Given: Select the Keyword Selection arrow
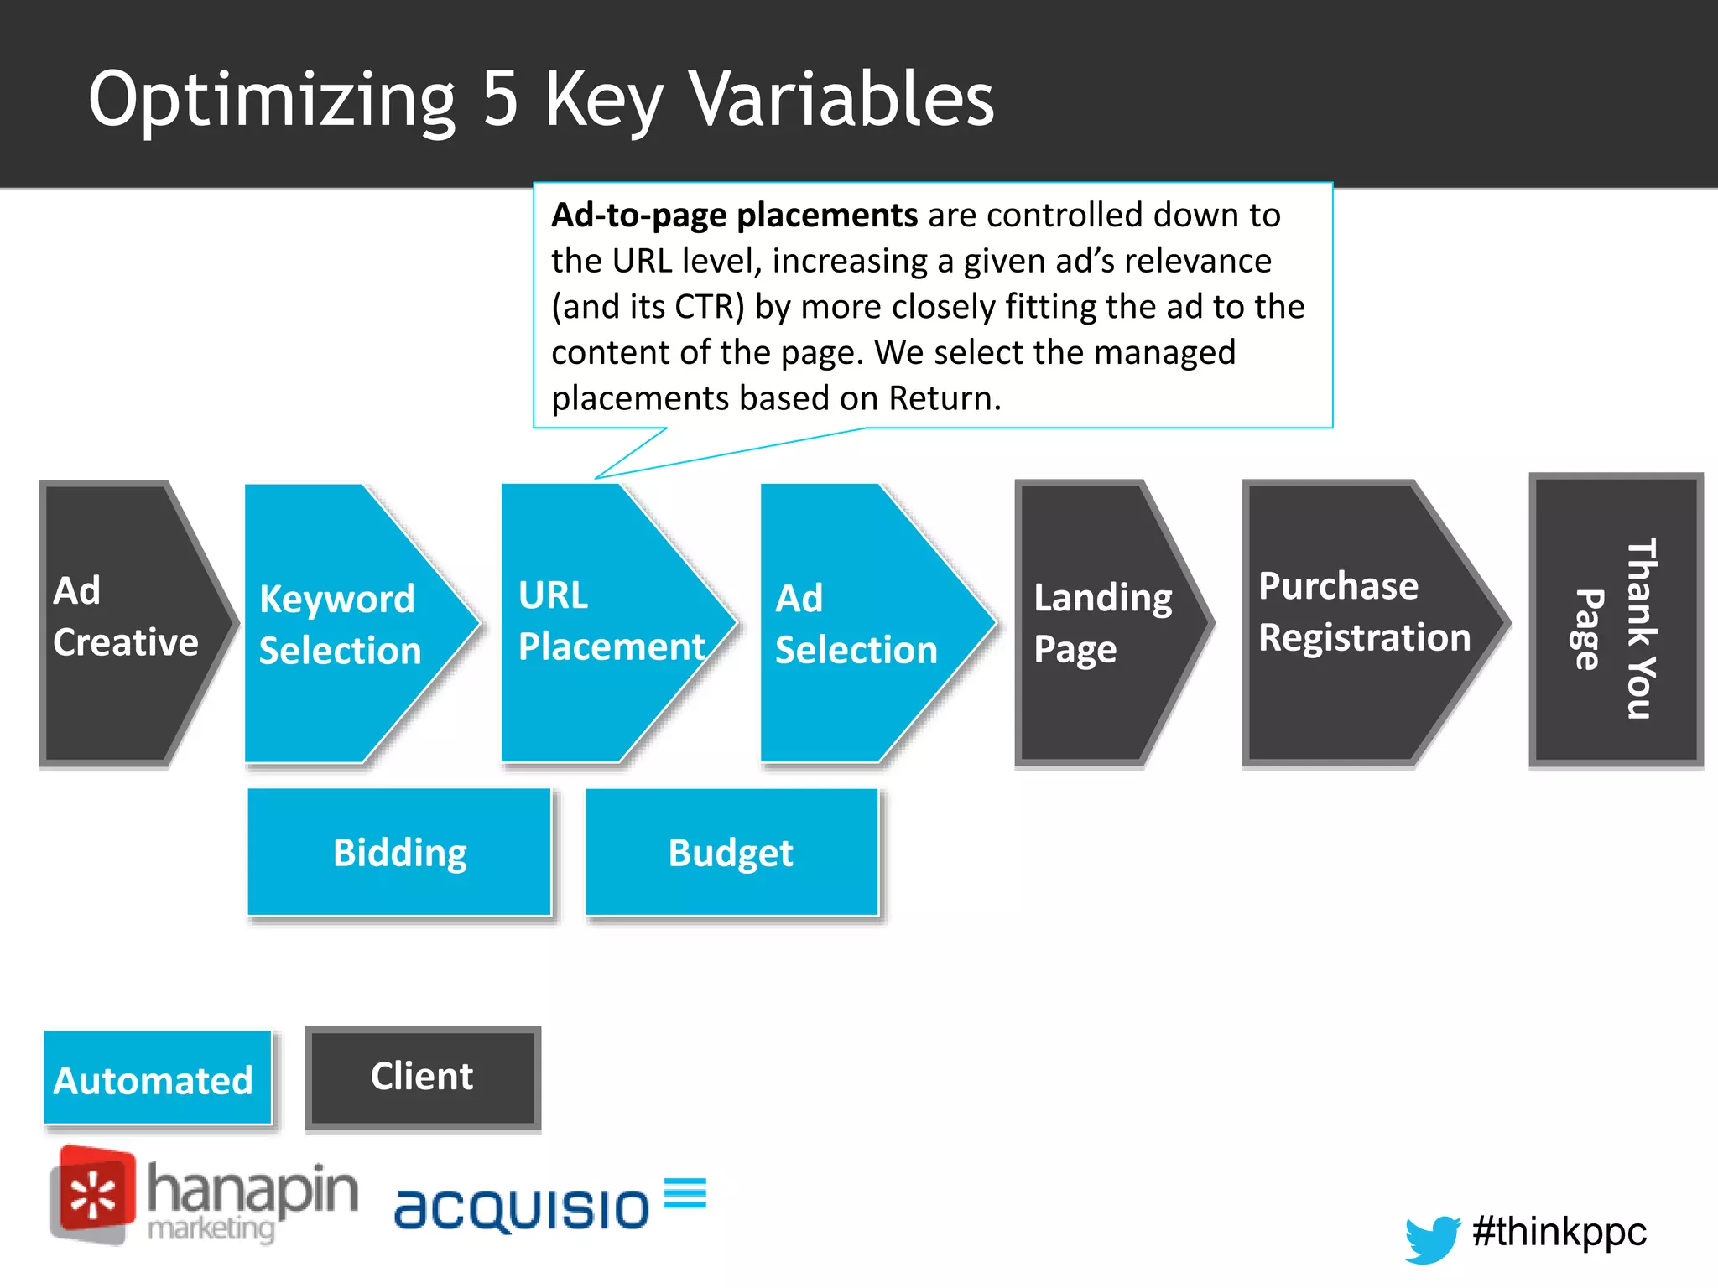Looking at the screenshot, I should coord(344,624).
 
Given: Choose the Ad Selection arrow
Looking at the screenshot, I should coord(860,624).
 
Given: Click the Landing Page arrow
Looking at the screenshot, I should coord(1099,624).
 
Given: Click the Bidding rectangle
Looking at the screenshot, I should coord(400,852).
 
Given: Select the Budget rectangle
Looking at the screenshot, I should coord(731,852).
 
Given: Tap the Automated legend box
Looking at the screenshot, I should coord(157,1078).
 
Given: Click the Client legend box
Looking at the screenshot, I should coord(423,1077).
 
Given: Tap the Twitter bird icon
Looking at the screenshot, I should coord(1433,1238).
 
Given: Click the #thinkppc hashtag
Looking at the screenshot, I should coord(1559,1231).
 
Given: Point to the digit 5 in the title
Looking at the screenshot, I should coord(501,99).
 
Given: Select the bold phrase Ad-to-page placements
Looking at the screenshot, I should coord(734,216).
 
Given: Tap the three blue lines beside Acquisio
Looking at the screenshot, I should coord(685,1192).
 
